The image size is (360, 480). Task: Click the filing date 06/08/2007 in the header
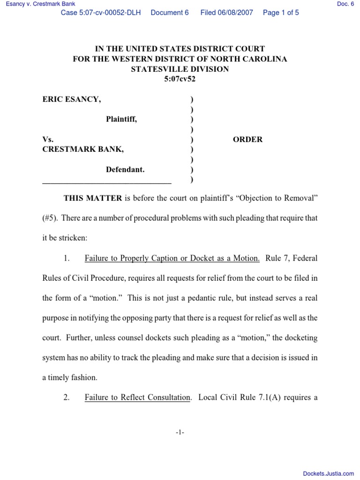pos(226,13)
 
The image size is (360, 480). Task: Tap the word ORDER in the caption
pos(247,139)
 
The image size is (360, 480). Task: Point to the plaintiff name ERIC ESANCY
pos(71,99)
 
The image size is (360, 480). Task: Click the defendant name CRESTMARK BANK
pos(83,149)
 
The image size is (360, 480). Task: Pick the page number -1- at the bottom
pos(180,433)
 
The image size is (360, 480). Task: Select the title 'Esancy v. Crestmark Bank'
pos(38,4)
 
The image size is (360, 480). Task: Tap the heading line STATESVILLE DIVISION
pos(180,69)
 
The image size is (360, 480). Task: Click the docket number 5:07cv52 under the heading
pos(180,79)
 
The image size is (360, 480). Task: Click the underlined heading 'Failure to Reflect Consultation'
pos(137,397)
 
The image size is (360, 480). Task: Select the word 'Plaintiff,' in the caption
pos(121,120)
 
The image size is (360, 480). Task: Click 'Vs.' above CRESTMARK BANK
pos(48,139)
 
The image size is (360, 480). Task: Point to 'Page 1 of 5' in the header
pos(281,13)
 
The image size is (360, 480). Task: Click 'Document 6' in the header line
pos(170,13)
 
